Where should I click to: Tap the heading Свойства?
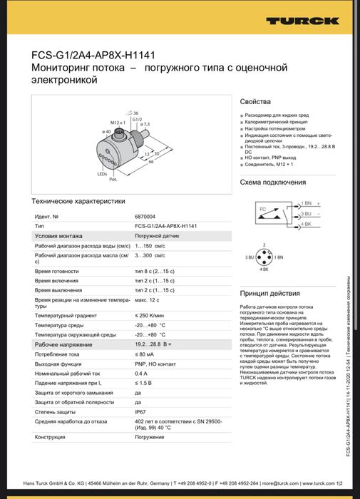[x=254, y=102]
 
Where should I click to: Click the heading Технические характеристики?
[x=78, y=201]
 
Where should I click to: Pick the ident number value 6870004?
[x=145, y=215]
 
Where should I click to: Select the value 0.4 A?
[x=141, y=373]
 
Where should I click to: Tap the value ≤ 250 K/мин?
[x=150, y=314]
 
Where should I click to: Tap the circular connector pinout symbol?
[x=264, y=257]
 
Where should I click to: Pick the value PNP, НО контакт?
[x=155, y=364]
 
